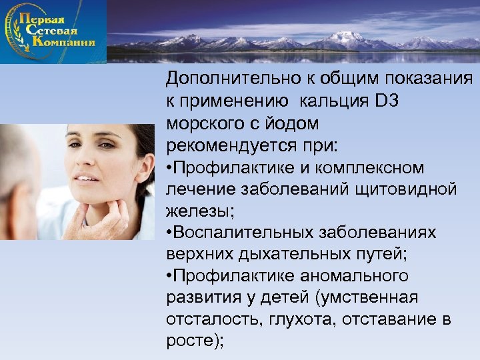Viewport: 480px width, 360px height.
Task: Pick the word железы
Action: pos(197,211)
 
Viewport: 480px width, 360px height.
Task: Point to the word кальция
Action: pos(338,101)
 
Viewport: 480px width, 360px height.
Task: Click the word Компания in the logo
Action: pos(61,41)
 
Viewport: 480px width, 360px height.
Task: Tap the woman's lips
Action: pos(86,178)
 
